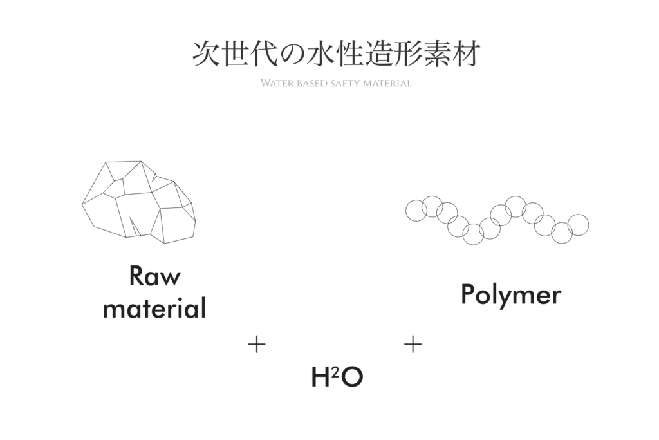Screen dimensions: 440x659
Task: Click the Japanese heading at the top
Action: click(336, 55)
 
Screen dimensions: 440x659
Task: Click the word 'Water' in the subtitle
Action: click(277, 84)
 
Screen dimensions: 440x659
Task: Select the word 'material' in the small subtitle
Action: click(387, 84)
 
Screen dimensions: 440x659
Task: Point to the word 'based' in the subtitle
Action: click(312, 84)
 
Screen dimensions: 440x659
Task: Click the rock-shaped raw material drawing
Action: click(138, 201)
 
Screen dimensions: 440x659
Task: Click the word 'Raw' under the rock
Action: click(155, 276)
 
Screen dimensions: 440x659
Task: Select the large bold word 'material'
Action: click(154, 308)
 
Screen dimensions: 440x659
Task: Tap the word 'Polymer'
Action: click(511, 295)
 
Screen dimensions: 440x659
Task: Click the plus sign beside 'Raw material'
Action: click(257, 345)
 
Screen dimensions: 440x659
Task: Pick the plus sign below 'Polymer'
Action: click(413, 345)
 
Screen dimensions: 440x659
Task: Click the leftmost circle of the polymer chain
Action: click(416, 210)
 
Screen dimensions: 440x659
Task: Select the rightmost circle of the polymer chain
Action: click(579, 225)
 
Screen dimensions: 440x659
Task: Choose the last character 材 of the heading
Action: click(465, 55)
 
